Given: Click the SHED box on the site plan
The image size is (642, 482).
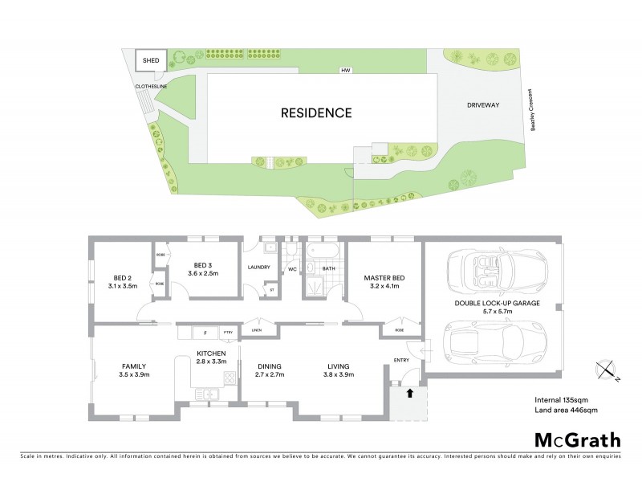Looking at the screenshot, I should [x=151, y=60].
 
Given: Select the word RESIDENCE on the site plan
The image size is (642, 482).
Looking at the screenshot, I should [x=316, y=112].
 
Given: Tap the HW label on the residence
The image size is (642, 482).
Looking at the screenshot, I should [x=346, y=71].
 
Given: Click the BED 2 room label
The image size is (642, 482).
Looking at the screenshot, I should [x=122, y=282].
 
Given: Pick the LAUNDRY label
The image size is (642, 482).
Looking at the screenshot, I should [x=259, y=268].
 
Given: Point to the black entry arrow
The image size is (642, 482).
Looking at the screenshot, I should [x=410, y=394].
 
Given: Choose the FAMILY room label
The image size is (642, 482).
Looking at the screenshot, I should [x=132, y=370].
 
